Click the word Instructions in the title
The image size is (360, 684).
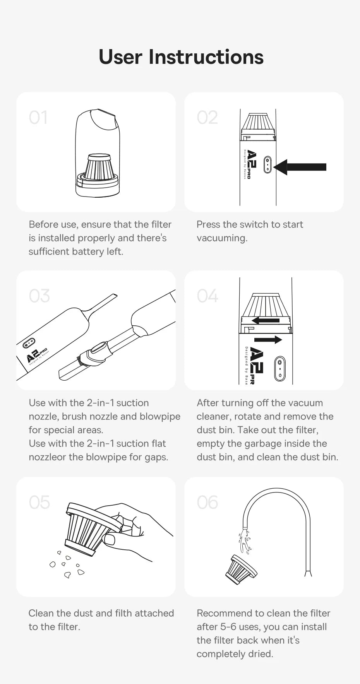pyautogui.click(x=206, y=57)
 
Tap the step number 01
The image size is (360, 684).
pyautogui.click(x=38, y=118)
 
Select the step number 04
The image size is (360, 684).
pyautogui.click(x=207, y=296)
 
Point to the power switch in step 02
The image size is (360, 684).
pyautogui.click(x=267, y=164)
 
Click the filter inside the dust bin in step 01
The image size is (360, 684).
pyautogui.click(x=99, y=168)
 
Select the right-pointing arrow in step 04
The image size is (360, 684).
pyautogui.click(x=268, y=340)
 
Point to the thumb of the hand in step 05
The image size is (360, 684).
pyautogui.click(x=110, y=539)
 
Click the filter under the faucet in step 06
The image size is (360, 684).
pyautogui.click(x=240, y=569)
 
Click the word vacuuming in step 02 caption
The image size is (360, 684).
pyautogui.click(x=221, y=238)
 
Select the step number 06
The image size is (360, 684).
pyautogui.click(x=207, y=503)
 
